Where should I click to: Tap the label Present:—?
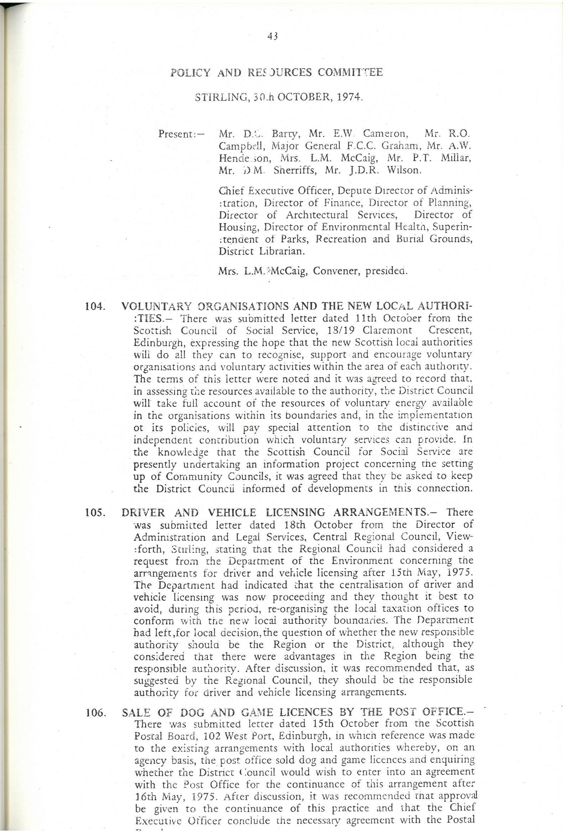pos(181,135)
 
